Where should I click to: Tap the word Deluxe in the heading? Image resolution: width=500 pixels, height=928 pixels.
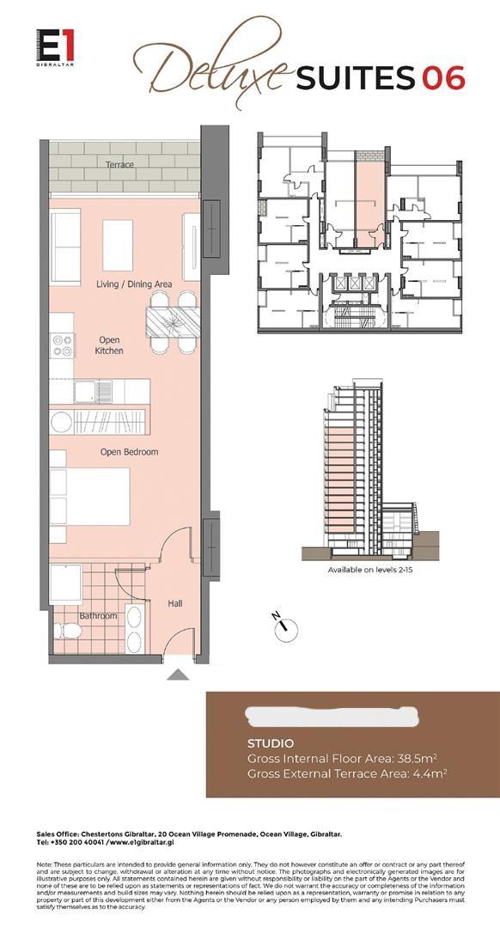[211, 74]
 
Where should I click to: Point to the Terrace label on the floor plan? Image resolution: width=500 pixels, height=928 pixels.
[119, 164]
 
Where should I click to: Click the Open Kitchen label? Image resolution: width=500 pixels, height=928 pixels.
[109, 345]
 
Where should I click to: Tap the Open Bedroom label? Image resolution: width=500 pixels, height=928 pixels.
[129, 452]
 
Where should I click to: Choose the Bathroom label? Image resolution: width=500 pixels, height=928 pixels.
[98, 616]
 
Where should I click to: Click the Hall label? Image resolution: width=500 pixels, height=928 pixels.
[175, 604]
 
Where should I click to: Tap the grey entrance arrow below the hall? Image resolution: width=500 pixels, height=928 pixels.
[178, 675]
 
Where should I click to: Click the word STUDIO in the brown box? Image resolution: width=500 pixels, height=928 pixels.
[270, 743]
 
